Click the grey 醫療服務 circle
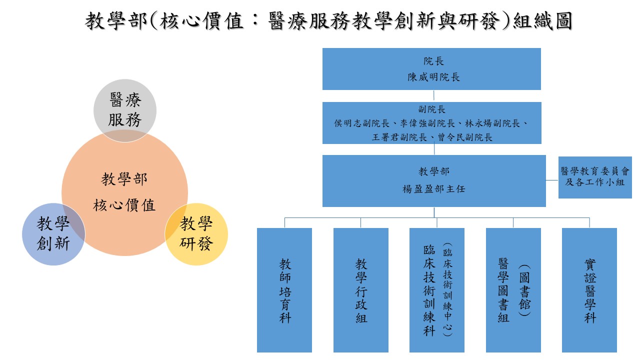coord(125,110)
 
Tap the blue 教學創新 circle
coord(53,234)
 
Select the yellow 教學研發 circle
coord(196,234)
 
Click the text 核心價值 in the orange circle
coord(124,205)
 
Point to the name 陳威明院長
coord(433,77)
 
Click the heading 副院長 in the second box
coord(431,109)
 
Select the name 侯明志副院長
coord(361,123)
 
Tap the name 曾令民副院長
coord(465,137)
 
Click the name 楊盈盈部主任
coord(433,189)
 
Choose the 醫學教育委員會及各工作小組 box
coord(595,177)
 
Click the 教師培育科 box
coord(284,290)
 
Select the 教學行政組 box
coord(361,290)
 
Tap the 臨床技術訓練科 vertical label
coord(429,290)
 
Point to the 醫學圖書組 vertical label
coord(503,290)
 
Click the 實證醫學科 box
coord(589,290)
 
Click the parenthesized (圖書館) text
coord(524,290)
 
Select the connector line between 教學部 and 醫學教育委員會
coord(552,180)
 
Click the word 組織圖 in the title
coord(543,21)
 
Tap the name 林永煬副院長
coord(492,123)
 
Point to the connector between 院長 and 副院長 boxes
coord(433,96)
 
